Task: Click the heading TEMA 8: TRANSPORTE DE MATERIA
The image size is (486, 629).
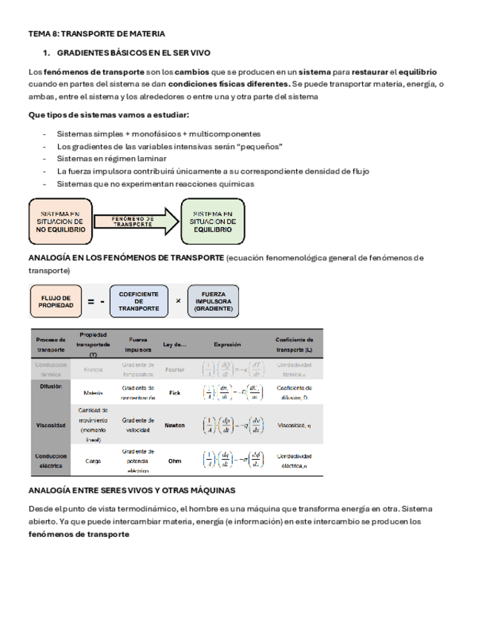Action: click(x=96, y=34)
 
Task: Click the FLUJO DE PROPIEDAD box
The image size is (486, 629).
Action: click(x=56, y=301)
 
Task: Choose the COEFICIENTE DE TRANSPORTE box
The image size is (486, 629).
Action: click(x=138, y=301)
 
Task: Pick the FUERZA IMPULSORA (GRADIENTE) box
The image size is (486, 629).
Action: click(x=214, y=301)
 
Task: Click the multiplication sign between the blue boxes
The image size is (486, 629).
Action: click(x=177, y=301)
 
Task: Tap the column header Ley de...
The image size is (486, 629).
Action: click(x=175, y=344)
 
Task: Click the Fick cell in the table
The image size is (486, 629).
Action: click(x=175, y=392)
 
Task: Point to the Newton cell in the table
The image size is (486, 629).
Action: click(x=175, y=426)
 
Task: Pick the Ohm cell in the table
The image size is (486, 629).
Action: click(x=175, y=461)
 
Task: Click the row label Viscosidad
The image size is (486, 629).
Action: click(x=51, y=426)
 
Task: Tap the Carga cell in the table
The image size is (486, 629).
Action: click(x=93, y=461)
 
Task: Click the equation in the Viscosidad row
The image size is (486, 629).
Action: click(x=233, y=426)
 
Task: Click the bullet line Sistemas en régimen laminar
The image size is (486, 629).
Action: click(x=111, y=159)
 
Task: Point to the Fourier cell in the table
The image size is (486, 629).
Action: click(x=175, y=369)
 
